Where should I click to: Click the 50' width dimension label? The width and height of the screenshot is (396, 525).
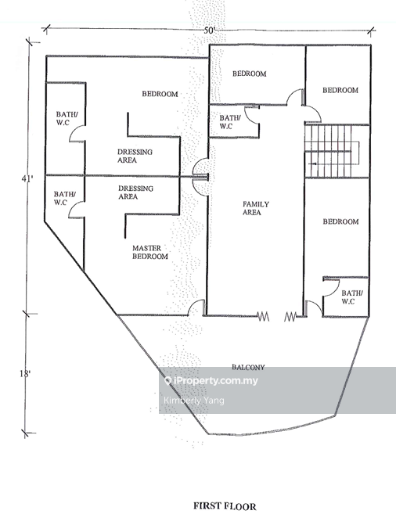[x=209, y=31]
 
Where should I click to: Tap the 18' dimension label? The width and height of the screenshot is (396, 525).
[x=25, y=373]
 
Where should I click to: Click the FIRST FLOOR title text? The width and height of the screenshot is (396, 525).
[x=225, y=506]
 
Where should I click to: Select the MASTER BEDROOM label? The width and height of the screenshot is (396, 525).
[x=150, y=252]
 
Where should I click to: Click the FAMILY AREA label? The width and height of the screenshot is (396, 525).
[x=256, y=208]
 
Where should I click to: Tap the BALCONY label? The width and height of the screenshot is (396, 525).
[x=248, y=367]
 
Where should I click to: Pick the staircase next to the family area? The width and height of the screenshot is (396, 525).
[x=332, y=151]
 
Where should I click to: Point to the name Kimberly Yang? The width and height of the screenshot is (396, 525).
[x=194, y=400]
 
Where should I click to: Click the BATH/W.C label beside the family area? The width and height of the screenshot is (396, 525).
[x=230, y=122]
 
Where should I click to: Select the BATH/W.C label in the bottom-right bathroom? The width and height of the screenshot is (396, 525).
[x=351, y=297]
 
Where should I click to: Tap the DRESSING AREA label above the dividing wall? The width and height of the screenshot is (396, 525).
[x=135, y=156]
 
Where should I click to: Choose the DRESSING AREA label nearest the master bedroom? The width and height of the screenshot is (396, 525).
[x=135, y=192]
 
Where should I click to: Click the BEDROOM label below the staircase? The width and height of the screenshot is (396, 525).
[x=340, y=221]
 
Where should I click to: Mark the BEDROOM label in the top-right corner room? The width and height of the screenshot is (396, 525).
[x=340, y=90]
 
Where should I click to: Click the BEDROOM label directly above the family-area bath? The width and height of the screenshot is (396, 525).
[x=250, y=74]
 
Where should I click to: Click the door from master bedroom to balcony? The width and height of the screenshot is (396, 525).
[x=196, y=307]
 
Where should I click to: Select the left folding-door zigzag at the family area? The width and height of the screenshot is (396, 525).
[x=263, y=316]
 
